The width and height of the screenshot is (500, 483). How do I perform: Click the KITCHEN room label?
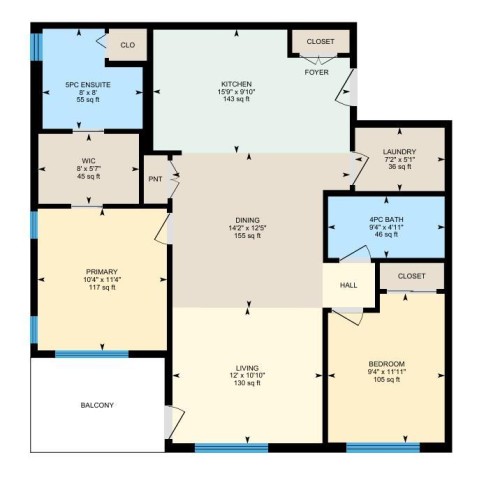pos(236,84)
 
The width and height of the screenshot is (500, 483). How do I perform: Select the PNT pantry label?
pos(155,179)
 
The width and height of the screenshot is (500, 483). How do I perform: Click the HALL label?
pos(349,285)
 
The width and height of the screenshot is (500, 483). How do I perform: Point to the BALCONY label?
pos(97,405)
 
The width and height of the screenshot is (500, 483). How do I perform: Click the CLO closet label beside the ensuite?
pos(127,45)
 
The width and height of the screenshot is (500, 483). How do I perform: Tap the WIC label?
pos(88,160)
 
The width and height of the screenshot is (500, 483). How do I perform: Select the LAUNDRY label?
pos(398,151)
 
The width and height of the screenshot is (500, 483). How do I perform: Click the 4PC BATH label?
pos(385,219)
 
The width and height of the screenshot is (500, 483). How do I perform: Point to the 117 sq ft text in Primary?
pos(100,288)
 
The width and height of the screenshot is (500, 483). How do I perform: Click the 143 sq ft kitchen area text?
pos(236,102)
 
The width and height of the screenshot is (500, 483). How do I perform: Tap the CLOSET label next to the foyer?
pos(320,42)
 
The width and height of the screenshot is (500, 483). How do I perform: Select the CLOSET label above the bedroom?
pos(411,275)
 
